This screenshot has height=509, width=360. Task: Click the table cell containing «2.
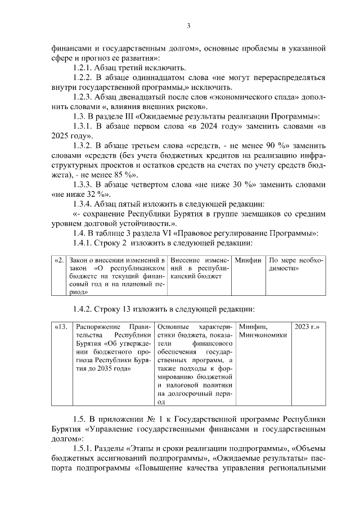[x=59, y=260]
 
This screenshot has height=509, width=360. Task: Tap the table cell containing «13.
[x=61, y=326]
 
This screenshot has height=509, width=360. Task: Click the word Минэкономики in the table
[x=263, y=335]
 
